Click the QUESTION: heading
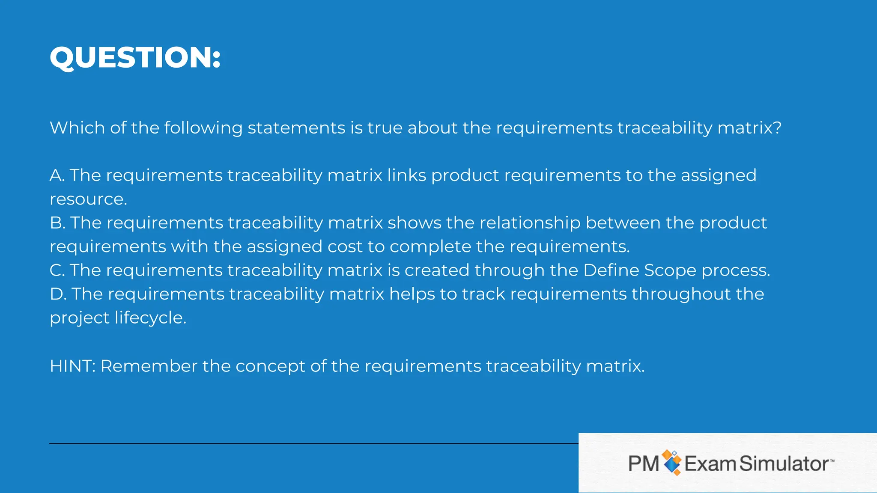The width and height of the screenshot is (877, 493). pos(135,57)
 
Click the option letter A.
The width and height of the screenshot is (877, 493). pos(56,175)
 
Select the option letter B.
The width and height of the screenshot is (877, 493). pos(57,223)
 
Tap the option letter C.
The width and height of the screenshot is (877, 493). pos(57,270)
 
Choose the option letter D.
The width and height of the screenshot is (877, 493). pos(57,294)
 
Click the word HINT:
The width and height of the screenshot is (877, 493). pos(72,366)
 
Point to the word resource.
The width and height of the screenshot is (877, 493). pos(88,199)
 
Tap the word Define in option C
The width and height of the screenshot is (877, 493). pos(611,270)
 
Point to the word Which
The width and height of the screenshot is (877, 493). pos(77,128)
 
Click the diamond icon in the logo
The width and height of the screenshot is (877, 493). pos(671,463)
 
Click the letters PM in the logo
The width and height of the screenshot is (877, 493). pos(644,464)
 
